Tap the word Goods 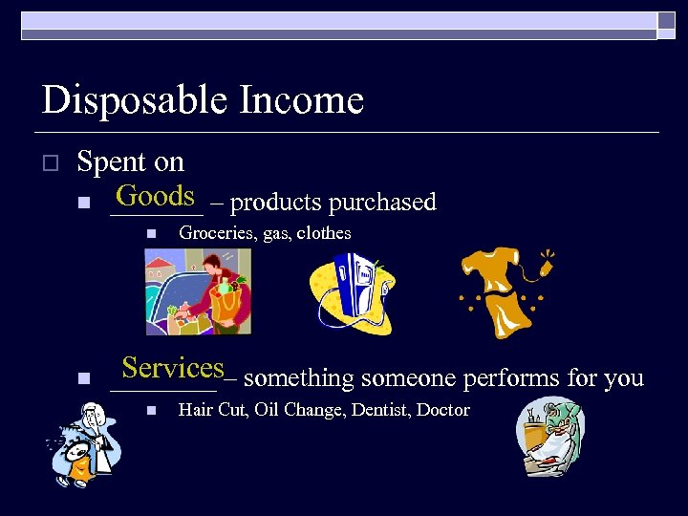point(155,196)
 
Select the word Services point(172,368)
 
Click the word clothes point(324,232)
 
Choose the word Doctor point(445,410)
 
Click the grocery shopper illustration point(197,291)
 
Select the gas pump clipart point(353,293)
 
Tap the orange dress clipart point(502,291)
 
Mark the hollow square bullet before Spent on point(53,163)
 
